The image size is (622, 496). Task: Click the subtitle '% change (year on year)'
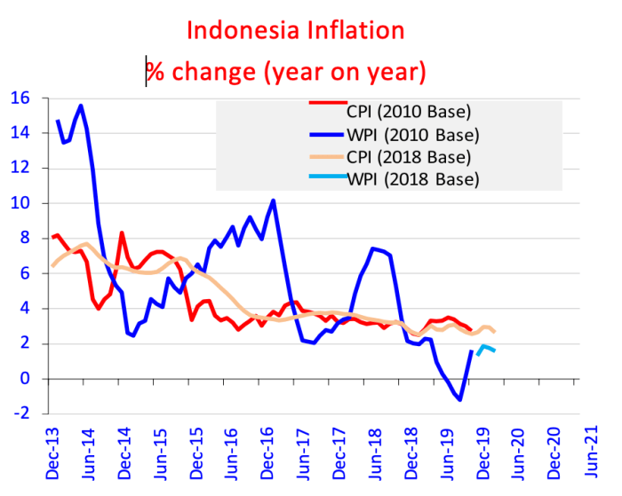pos(286,71)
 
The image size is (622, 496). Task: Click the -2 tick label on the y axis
pos(20,413)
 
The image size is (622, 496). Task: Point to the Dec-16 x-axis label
pos(263,453)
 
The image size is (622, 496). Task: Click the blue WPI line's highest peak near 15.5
pos(81,106)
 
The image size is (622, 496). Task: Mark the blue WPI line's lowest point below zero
pos(460,400)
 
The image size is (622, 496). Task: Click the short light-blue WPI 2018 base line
pos(486,348)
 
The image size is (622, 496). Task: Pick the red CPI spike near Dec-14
pos(122,232)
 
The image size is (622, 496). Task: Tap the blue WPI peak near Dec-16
pos(273,201)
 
